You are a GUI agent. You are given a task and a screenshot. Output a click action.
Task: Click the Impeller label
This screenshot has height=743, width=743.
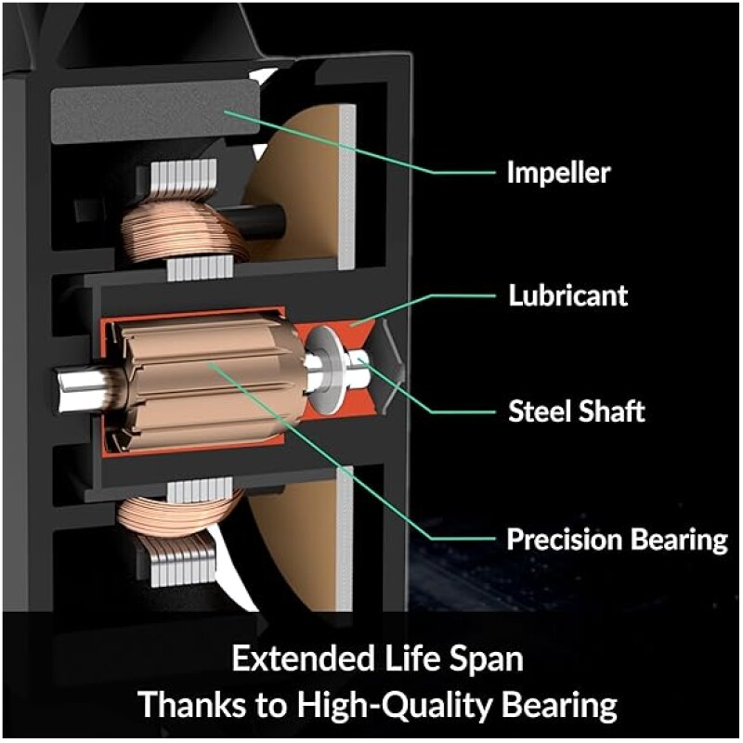pos(558,173)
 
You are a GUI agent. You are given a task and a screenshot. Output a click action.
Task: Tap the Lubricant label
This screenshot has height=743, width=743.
pos(567,296)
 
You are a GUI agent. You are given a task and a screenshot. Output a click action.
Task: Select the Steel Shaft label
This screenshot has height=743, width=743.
pos(576,411)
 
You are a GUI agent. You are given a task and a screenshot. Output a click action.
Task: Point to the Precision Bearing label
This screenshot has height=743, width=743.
pos(617,540)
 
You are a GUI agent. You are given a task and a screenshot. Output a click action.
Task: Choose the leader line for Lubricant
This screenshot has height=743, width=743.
pos(437,306)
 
